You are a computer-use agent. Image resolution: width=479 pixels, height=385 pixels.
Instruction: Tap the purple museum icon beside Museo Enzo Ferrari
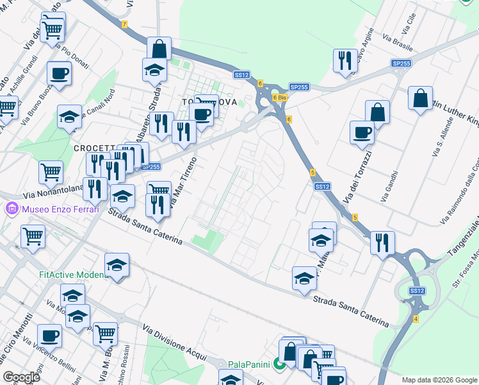point(12,209)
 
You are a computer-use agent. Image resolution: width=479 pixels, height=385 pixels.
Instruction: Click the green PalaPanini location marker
point(280,364)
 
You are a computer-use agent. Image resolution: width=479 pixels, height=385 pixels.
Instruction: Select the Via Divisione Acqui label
point(174,341)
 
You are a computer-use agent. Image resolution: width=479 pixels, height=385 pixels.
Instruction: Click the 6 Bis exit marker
point(279,98)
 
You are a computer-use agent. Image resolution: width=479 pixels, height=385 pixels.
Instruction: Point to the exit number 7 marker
point(125,24)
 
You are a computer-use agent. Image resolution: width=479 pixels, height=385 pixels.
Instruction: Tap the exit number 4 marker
point(416,319)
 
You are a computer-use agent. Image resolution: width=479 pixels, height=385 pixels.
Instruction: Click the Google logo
point(22,377)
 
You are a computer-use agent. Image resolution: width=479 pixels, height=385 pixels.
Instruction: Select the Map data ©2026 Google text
point(439,380)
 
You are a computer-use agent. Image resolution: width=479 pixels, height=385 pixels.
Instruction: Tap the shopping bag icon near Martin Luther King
point(420,98)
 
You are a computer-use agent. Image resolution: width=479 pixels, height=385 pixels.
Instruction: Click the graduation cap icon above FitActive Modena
point(117,264)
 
